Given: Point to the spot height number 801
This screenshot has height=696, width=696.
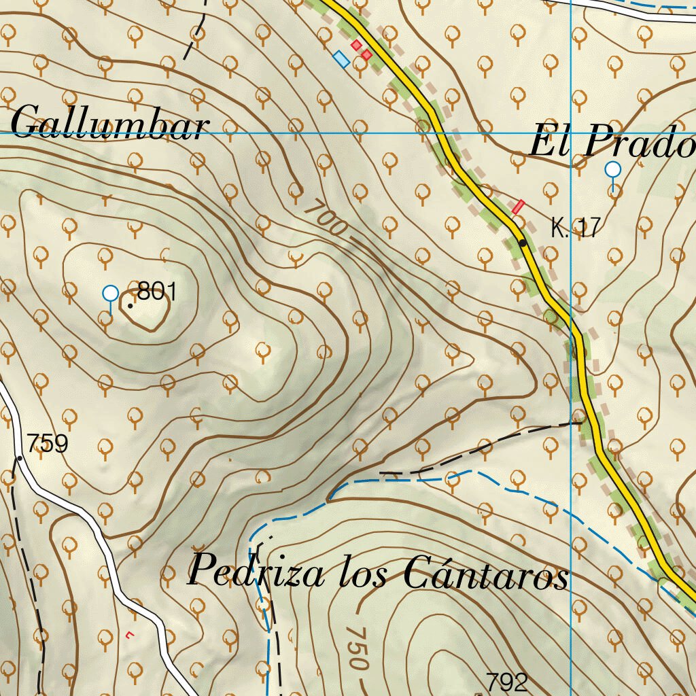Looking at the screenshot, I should point(156,292).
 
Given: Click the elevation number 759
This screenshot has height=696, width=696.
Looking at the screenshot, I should point(48,444).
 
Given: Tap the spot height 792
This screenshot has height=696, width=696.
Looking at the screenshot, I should point(506,682).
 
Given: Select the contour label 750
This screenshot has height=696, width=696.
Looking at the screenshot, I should point(355,647).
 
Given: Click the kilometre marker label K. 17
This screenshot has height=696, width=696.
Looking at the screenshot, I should point(576,229).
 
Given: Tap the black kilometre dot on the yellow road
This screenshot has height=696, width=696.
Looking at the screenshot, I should point(523,243).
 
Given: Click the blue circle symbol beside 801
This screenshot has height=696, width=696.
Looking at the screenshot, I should point(110,294).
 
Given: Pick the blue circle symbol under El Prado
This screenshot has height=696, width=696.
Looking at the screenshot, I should point(613,169).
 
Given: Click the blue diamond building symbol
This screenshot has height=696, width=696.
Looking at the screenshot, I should point(342,59).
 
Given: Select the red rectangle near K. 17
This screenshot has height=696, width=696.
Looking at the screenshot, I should point(519,205).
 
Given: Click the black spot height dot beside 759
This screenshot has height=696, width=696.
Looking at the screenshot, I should point(20,458).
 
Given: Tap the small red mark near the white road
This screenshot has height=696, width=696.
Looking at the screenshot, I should point(130,635).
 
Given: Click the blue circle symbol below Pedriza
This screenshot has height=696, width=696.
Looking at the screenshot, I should point(263,604).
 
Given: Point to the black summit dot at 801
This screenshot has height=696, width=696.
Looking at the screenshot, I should point(130,306).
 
